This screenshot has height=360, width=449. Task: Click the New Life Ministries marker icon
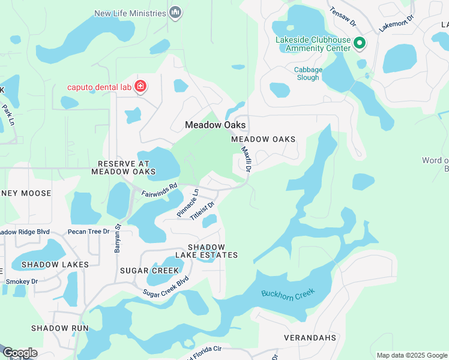(175, 13)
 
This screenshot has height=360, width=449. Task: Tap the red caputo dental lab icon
(140, 87)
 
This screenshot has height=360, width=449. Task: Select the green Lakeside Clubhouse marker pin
(360, 43)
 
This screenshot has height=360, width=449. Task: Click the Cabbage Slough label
(308, 74)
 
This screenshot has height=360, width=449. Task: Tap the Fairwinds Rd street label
(159, 190)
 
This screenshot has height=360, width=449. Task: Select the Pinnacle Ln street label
(188, 203)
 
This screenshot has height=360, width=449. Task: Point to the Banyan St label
(118, 238)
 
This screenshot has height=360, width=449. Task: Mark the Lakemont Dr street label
(397, 23)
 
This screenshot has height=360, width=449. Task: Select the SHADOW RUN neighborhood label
(60, 328)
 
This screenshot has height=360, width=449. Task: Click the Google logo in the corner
(20, 353)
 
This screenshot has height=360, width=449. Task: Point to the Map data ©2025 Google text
(412, 355)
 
